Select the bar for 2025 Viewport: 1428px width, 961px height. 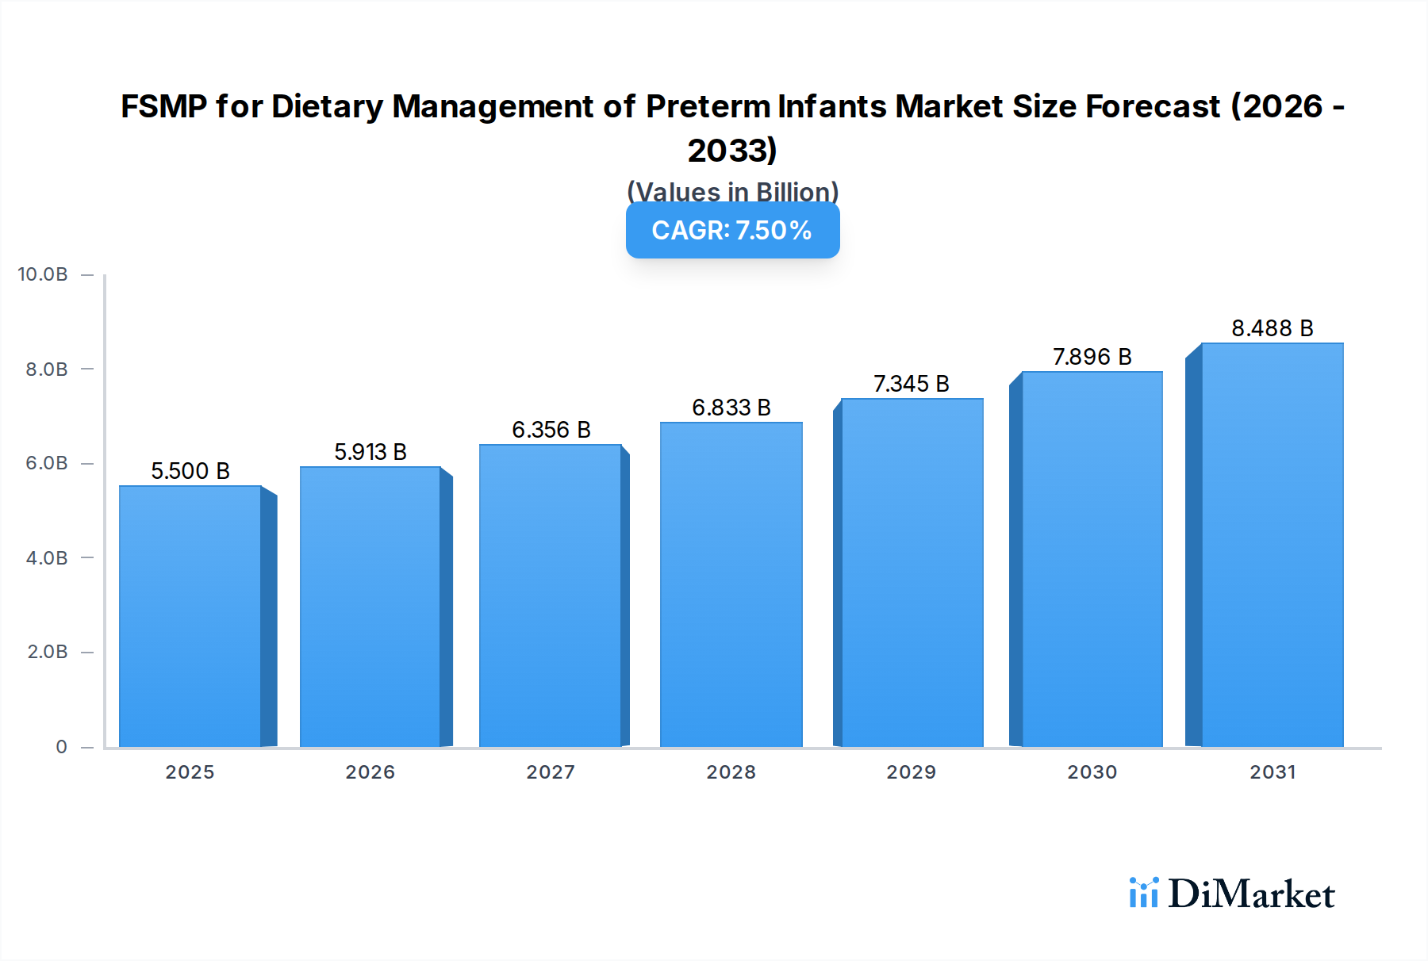pos(190,616)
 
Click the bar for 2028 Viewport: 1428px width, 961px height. pos(731,584)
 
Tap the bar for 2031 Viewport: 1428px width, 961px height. pos(1272,545)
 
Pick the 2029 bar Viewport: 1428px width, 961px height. pos(912,572)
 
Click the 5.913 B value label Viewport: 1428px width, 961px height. pos(370,452)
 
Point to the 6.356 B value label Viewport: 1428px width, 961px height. pos(551,430)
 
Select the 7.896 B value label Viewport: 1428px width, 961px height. pos(1092,357)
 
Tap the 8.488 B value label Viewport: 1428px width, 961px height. pos(1272,328)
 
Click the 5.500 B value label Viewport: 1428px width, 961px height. pos(190,471)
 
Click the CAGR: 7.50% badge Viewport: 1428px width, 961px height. pos(732,231)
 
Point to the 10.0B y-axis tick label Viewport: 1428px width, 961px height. pos(43,274)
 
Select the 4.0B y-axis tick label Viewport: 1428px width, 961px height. pos(47,557)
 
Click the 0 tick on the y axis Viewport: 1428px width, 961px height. pos(61,746)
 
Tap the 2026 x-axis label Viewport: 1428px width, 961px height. pos(370,771)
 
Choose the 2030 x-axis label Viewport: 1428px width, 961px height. pos(1092,771)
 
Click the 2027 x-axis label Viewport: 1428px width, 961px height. pos(551,771)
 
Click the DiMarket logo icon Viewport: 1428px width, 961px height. pos(1143,893)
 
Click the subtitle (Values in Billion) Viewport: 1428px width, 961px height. pos(732,191)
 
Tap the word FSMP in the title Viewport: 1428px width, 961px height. pos(163,107)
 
